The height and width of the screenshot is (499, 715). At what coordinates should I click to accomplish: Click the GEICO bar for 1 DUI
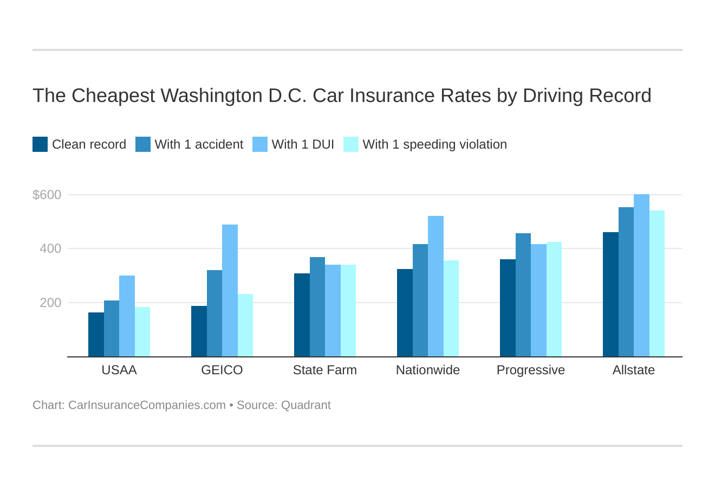[230, 291]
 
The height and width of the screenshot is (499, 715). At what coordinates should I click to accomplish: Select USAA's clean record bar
[96, 335]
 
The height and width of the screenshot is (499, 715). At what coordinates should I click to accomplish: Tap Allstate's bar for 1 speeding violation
[656, 284]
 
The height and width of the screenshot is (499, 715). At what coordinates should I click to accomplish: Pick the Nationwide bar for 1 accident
[420, 300]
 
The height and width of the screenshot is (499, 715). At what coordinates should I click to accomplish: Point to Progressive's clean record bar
[508, 308]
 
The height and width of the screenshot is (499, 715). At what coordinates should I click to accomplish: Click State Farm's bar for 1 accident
[317, 307]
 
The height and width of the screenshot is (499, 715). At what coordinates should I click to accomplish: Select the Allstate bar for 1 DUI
[641, 276]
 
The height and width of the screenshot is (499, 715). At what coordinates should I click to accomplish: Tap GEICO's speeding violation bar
[245, 325]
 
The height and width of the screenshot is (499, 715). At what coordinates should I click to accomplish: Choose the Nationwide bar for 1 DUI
[435, 286]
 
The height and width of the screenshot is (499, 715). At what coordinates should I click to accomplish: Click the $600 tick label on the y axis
[47, 195]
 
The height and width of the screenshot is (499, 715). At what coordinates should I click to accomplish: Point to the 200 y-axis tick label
[50, 303]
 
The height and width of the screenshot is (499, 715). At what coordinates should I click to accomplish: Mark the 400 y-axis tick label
[50, 249]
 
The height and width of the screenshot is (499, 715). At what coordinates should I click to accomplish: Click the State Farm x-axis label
[324, 370]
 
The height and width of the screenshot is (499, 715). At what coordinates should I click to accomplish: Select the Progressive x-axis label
[530, 370]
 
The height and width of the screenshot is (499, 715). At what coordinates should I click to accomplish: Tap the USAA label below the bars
[119, 370]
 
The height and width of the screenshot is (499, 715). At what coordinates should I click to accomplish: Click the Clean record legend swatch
[40, 144]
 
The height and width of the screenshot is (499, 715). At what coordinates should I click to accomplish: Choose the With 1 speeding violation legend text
[434, 144]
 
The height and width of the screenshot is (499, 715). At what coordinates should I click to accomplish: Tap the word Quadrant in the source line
[305, 405]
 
